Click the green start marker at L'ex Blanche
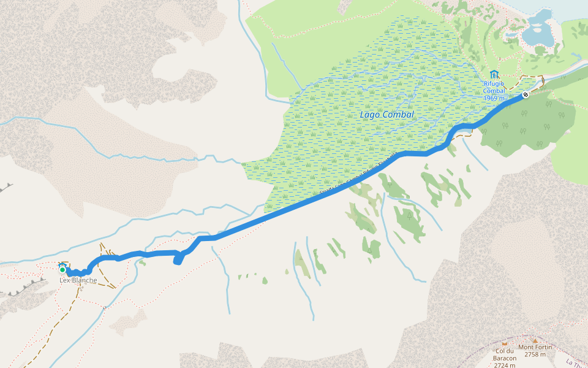click(62, 270)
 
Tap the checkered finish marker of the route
click(526, 95)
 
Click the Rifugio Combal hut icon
click(494, 74)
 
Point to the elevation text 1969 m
click(494, 98)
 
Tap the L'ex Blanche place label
click(78, 281)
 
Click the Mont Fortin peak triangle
click(534, 340)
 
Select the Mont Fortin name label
click(535, 347)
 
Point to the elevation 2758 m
click(535, 355)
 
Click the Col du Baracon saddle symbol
click(505, 343)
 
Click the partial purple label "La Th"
click(576, 362)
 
